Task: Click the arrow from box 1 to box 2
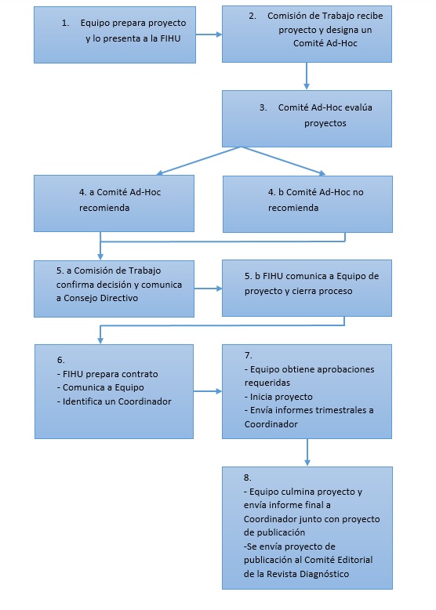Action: (x=209, y=34)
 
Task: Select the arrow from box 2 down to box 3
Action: (x=307, y=76)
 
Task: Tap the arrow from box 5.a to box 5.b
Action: (x=208, y=289)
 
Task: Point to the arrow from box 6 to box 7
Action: (x=208, y=391)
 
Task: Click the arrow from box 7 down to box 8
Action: (x=307, y=452)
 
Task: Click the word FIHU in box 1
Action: (x=170, y=38)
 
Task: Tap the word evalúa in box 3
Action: (x=358, y=107)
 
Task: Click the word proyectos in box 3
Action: (x=325, y=123)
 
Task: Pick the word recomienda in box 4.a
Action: (x=104, y=208)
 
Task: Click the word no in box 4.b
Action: (x=358, y=192)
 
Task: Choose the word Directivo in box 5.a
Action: (x=118, y=298)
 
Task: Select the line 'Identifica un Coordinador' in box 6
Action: (x=114, y=401)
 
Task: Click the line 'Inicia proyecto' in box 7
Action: (x=278, y=397)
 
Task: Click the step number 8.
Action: (x=247, y=477)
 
